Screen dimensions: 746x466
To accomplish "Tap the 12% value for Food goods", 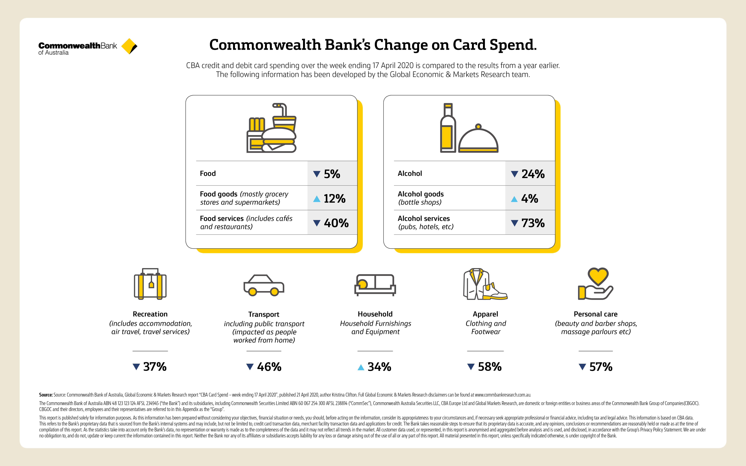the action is (x=335, y=198).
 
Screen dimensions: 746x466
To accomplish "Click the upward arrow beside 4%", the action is (x=514, y=199).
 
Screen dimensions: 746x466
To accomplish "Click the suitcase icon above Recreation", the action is (x=150, y=284).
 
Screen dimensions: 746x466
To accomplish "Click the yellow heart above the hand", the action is (x=598, y=276).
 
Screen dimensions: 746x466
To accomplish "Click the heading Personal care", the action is (x=596, y=314).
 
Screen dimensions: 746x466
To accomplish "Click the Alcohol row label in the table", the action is (x=410, y=174).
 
